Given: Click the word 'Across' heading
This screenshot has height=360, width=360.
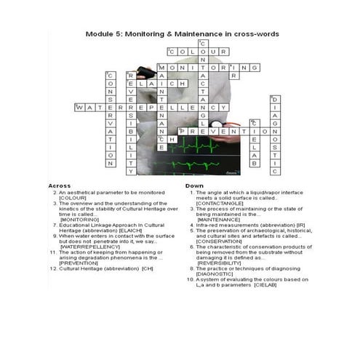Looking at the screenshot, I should coord(60,185).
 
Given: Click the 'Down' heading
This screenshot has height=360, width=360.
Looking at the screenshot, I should coord(194,185).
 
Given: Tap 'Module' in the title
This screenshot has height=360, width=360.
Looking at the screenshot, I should coord(102,33).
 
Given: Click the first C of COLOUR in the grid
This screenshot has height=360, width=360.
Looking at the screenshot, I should coord(172,52).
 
